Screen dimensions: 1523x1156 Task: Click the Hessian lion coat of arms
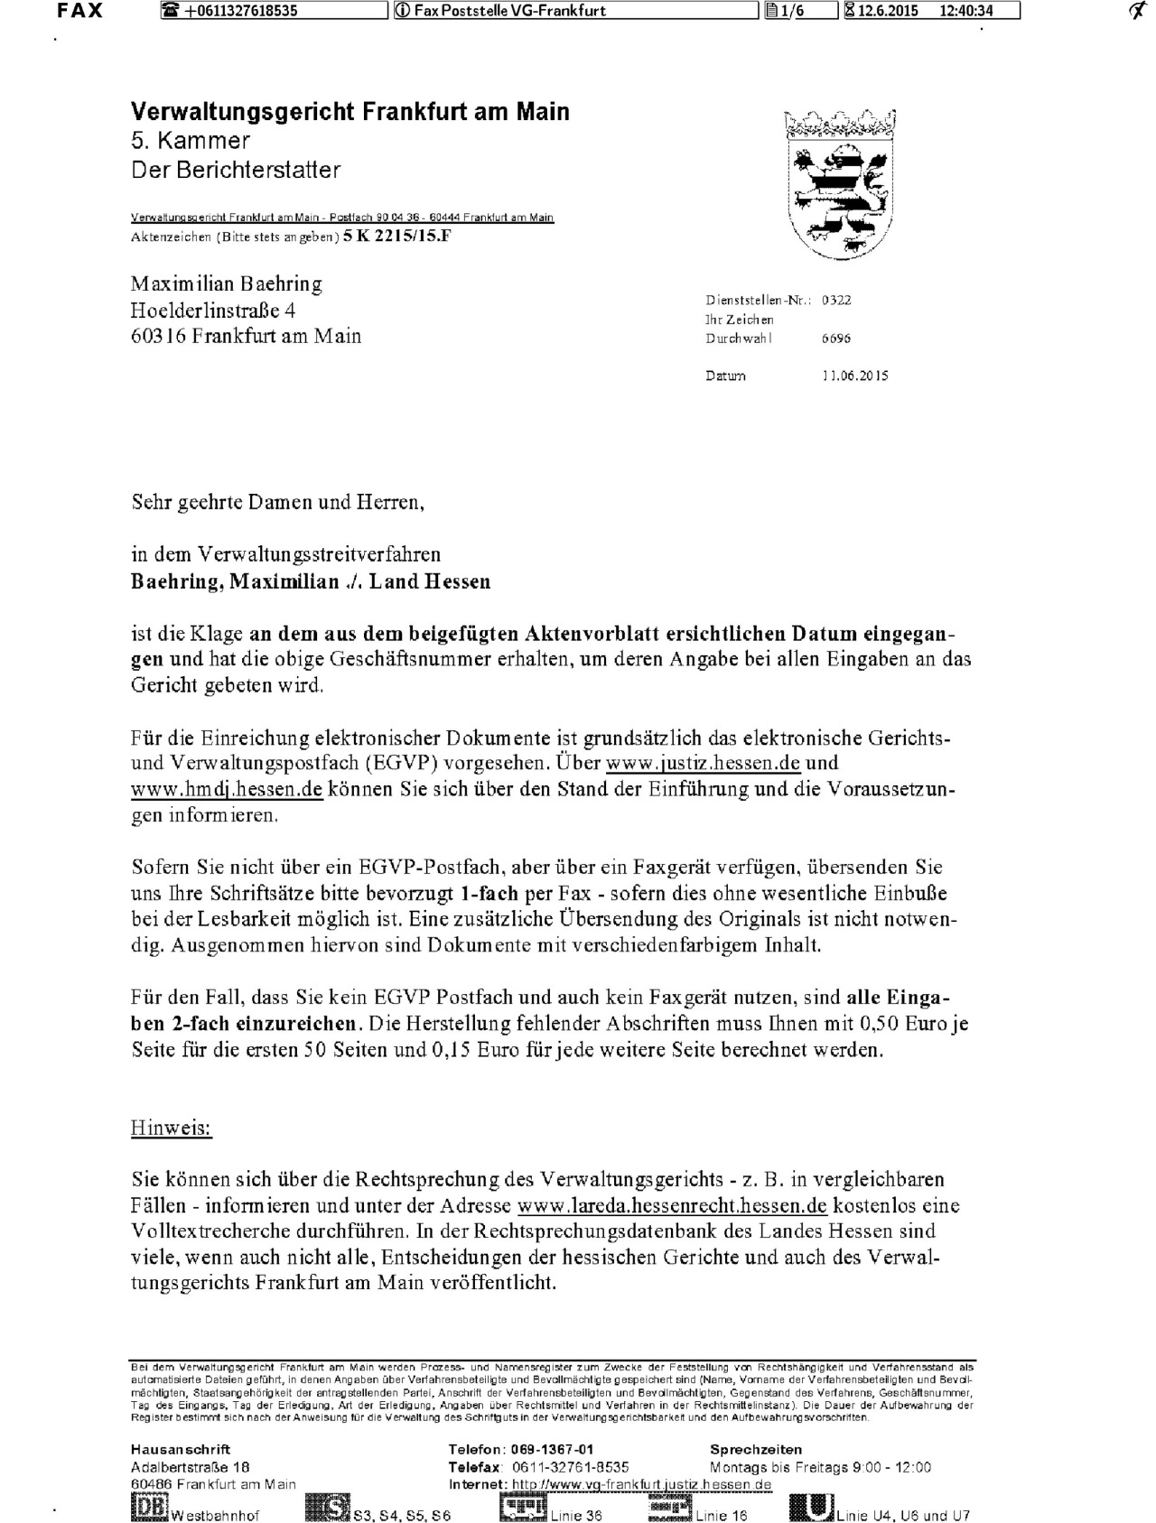coord(840,186)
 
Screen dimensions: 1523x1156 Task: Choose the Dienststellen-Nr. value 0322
coord(836,301)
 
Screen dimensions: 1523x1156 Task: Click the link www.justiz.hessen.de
coord(703,762)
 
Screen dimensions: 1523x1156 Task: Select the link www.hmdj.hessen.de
coord(227,788)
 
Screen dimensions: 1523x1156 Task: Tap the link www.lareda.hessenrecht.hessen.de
coord(672,1205)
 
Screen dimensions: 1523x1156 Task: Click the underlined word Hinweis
coord(172,1128)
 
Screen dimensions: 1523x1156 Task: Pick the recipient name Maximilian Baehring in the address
coord(227,284)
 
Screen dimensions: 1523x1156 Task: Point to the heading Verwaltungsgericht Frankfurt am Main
coord(350,112)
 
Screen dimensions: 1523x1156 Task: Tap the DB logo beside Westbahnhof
coord(148,1509)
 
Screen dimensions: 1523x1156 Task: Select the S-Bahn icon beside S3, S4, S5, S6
coord(327,1509)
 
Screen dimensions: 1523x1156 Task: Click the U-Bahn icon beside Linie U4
coord(812,1509)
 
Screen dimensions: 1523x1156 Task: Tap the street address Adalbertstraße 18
coord(190,1467)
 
